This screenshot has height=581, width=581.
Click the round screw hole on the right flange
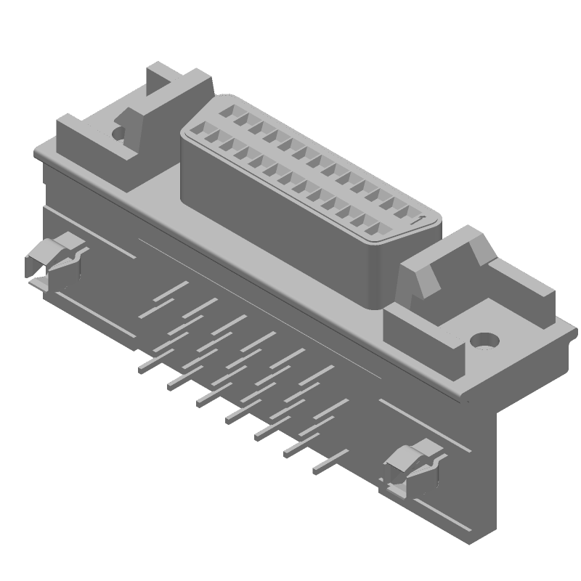point(484,340)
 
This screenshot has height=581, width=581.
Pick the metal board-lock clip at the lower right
point(410,468)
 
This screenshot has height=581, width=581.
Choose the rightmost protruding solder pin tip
point(318,470)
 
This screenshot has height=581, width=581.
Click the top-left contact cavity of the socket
point(227,113)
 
